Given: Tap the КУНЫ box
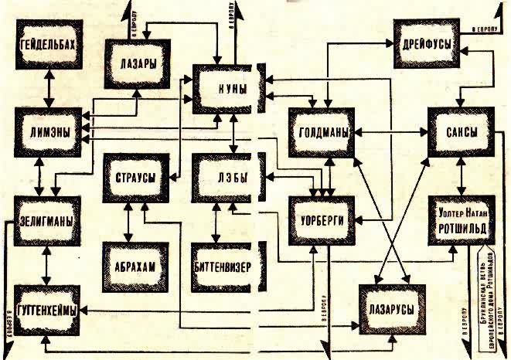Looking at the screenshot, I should tap(227, 89).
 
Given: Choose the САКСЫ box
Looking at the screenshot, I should tap(462, 130).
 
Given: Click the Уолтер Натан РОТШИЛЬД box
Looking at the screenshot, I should tap(462, 220).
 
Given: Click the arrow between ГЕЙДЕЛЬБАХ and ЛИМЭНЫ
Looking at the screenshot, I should tap(49, 89).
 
